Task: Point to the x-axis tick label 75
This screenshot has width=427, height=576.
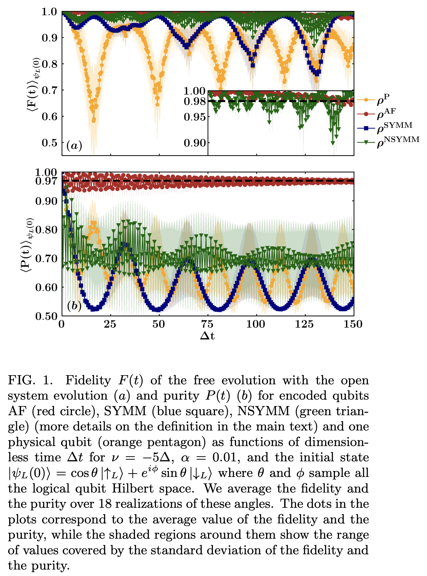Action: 207,324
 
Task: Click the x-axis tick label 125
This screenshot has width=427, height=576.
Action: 304,324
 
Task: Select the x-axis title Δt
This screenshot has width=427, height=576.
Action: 207,336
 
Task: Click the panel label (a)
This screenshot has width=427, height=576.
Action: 74,146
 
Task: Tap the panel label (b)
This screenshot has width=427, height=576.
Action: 74,306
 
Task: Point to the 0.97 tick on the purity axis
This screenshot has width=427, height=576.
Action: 46,181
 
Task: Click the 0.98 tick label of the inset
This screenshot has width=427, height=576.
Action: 195,101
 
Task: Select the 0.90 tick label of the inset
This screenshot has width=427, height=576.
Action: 195,143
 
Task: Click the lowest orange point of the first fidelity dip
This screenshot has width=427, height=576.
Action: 94,120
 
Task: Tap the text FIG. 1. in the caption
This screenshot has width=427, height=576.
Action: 30,380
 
